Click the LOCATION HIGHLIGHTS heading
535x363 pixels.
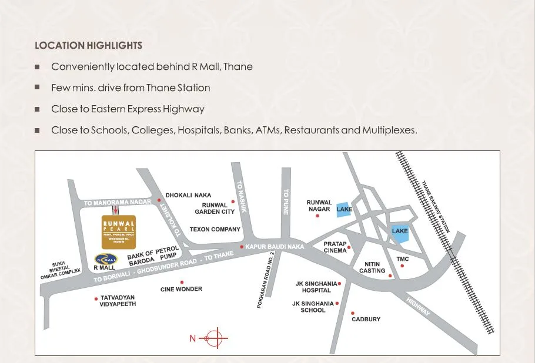[x=88, y=45]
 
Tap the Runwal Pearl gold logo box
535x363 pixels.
[x=118, y=231]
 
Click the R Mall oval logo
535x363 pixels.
[x=106, y=258]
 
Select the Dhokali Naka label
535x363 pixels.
[x=188, y=196]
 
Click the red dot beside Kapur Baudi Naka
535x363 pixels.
[x=242, y=247]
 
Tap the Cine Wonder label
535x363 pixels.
[x=181, y=289]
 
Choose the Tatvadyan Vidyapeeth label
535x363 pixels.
[x=118, y=301]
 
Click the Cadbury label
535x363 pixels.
[x=366, y=320]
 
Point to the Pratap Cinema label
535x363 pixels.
[x=335, y=247]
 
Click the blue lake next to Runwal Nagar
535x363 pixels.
[x=344, y=209]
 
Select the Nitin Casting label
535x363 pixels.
[x=372, y=267]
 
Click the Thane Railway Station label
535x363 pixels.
[x=436, y=207]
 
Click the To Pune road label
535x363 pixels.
[x=286, y=201]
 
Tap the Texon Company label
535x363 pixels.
[x=215, y=229]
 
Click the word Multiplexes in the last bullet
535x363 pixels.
[x=389, y=130]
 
